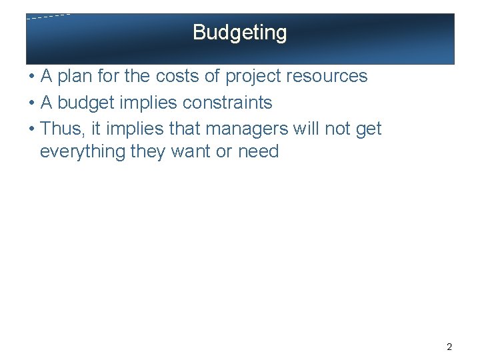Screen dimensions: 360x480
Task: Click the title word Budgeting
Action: (x=240, y=33)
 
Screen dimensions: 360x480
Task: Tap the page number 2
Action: (x=449, y=347)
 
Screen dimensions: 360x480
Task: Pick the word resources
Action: (x=329, y=77)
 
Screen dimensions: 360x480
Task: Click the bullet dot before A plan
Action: (x=31, y=77)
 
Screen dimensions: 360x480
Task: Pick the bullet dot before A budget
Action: (x=31, y=103)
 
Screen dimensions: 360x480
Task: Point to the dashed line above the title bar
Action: (x=48, y=16)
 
